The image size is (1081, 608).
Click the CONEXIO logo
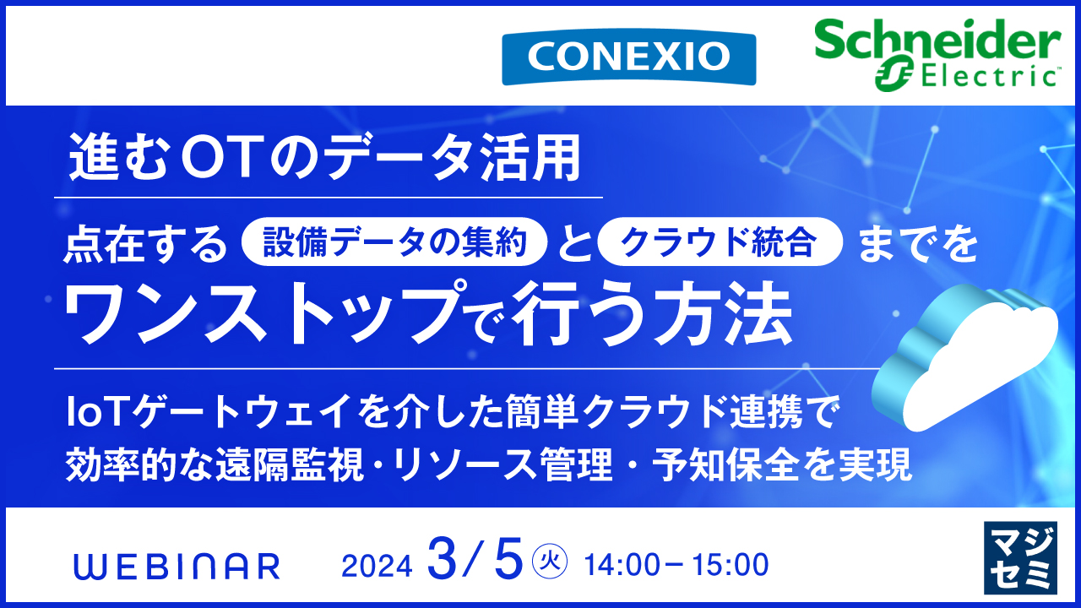tap(628, 57)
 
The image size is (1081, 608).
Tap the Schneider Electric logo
tap(937, 52)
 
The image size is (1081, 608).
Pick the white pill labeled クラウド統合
tap(720, 243)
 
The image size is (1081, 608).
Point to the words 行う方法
tap(655, 314)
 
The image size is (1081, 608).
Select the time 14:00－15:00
tap(676, 565)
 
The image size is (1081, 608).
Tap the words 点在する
tap(147, 244)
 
